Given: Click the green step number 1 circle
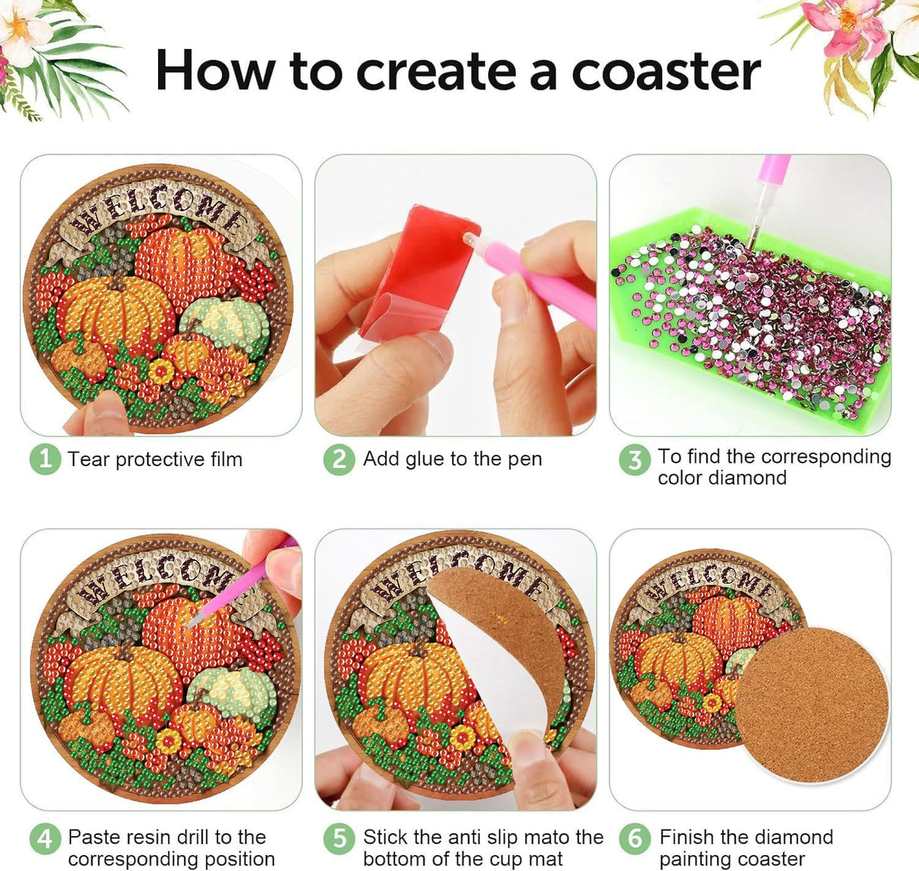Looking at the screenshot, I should (x=45, y=459).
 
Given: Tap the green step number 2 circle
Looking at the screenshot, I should (x=339, y=459).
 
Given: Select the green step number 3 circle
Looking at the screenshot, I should (x=634, y=460).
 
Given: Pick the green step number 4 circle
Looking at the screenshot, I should (x=45, y=838).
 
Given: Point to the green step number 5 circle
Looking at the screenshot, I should (x=339, y=838).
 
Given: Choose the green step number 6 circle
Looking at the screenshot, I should (x=634, y=838).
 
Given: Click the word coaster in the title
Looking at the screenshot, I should (x=665, y=72).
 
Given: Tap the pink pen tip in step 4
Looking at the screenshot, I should (x=192, y=621).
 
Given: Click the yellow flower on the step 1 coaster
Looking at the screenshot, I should (x=161, y=371).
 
